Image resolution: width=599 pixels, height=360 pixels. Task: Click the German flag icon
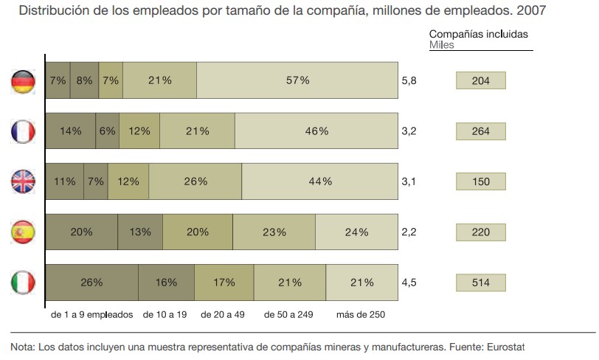(24, 80)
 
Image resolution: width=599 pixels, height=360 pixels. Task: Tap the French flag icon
(24, 131)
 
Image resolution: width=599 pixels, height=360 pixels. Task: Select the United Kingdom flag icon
(24, 181)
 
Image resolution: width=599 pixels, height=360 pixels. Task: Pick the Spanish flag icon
(24, 232)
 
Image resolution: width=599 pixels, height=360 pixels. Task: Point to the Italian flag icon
(24, 283)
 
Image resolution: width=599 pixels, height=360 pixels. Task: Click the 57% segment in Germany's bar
(297, 80)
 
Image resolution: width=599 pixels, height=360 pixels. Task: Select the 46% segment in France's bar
(316, 131)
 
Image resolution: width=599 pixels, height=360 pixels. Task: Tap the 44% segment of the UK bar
(320, 181)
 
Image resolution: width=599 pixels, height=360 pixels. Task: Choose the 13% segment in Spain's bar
(140, 232)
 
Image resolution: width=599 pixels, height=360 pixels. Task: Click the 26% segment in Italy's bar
(91, 283)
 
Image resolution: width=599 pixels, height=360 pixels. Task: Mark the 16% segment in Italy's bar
(167, 283)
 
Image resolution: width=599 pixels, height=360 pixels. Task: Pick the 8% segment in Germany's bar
(84, 80)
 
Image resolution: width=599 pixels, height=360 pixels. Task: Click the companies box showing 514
(481, 283)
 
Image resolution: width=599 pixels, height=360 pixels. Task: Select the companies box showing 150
(481, 181)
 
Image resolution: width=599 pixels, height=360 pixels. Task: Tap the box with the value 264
(481, 131)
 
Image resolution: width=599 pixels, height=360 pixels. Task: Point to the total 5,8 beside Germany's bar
(409, 80)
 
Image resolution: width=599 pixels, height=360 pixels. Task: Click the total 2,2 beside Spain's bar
(409, 232)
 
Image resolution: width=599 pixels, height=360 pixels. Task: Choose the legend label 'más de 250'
(361, 314)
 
